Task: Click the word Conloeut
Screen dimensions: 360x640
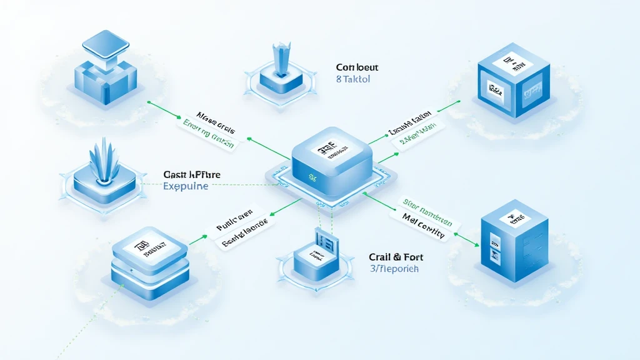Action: pyautogui.click(x=357, y=67)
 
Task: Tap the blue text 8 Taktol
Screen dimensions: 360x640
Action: pyautogui.click(x=354, y=80)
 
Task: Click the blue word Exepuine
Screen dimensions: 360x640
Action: pyautogui.click(x=186, y=186)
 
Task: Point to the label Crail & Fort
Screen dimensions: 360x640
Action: pyautogui.click(x=394, y=256)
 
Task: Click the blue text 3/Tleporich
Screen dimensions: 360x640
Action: pyautogui.click(x=394, y=269)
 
